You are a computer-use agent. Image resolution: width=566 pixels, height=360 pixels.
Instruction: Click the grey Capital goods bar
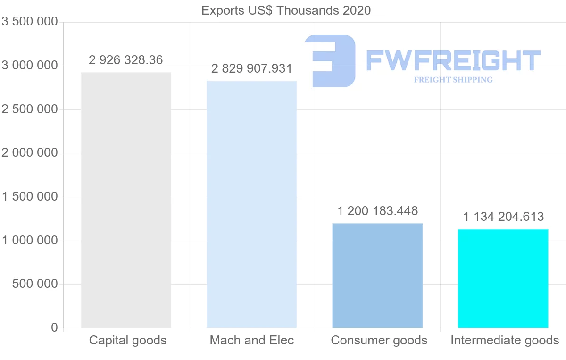[x=126, y=200]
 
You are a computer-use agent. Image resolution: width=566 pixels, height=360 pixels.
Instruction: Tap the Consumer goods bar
[x=377, y=276]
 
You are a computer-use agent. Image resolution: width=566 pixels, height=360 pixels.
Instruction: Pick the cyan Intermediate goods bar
[x=503, y=278]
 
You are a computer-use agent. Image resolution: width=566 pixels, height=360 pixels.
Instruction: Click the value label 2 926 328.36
[x=125, y=60]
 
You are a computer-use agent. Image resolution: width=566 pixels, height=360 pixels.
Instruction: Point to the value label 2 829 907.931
[x=252, y=69]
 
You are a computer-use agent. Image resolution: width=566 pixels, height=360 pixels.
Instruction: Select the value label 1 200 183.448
[x=377, y=211]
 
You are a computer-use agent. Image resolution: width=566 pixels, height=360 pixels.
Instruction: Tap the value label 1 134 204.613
[x=503, y=217]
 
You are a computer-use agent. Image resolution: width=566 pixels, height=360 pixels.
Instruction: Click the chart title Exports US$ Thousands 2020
[x=286, y=10]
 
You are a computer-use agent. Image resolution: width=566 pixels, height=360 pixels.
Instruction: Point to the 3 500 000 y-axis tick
[x=30, y=22]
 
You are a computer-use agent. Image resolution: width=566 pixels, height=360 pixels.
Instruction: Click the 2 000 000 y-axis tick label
[x=30, y=153]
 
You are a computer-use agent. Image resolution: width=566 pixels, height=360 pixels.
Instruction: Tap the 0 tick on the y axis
[x=54, y=327]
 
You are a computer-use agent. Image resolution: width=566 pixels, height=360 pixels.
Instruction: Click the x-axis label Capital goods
[x=128, y=340]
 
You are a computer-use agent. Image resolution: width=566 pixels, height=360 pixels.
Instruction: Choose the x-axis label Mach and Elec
[x=252, y=340]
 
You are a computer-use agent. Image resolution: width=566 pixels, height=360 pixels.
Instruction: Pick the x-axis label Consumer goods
[x=379, y=340]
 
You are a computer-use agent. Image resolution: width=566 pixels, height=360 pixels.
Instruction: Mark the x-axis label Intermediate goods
[x=505, y=340]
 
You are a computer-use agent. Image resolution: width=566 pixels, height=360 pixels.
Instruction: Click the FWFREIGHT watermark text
[x=453, y=60]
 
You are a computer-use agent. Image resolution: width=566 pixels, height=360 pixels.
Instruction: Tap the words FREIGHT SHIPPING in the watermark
[x=453, y=80]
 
